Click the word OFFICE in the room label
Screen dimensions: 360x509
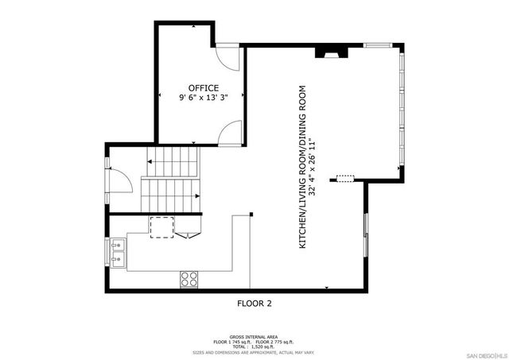click(204, 87)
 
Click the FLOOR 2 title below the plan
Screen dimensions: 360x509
click(254, 303)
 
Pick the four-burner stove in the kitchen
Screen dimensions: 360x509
click(189, 278)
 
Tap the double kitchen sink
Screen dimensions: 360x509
click(117, 251)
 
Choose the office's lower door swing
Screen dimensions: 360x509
click(231, 131)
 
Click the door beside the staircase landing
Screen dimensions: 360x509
click(119, 179)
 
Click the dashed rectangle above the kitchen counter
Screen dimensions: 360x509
click(161, 226)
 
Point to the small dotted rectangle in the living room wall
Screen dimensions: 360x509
click(344, 178)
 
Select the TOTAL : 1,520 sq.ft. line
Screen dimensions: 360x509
click(254, 347)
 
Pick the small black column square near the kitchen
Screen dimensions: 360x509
click(251, 214)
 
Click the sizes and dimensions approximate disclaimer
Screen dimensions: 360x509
click(254, 353)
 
